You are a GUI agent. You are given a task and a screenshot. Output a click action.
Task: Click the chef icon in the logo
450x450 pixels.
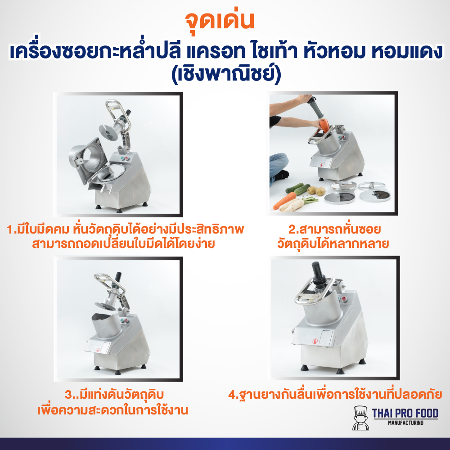point(360,417)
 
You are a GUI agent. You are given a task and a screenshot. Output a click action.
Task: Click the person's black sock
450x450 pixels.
point(282,175)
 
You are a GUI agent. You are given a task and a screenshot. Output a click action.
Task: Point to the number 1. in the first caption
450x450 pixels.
point(12,229)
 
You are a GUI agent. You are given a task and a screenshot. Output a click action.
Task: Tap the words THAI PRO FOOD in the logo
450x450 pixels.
point(405,413)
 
